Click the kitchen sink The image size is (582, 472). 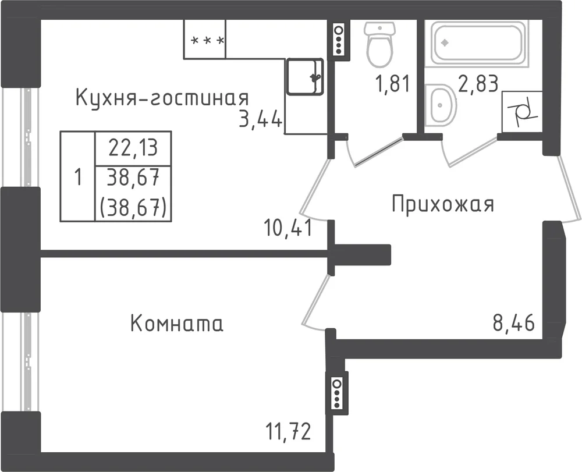coord(305,76)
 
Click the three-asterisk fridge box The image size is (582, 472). coord(205,40)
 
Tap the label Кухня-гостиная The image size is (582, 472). coord(162,98)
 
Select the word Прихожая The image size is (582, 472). coord(443,204)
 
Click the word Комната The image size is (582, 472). coord(177,323)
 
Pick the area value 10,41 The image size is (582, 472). coord(288,228)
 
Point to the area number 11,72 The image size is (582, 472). coord(288,431)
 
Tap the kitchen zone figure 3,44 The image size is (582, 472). coord(260,119)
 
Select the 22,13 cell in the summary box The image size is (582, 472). coord(133,148)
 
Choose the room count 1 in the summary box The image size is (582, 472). coord(77,176)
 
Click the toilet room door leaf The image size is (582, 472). coord(378,152)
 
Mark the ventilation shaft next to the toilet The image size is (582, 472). coord(339,40)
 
